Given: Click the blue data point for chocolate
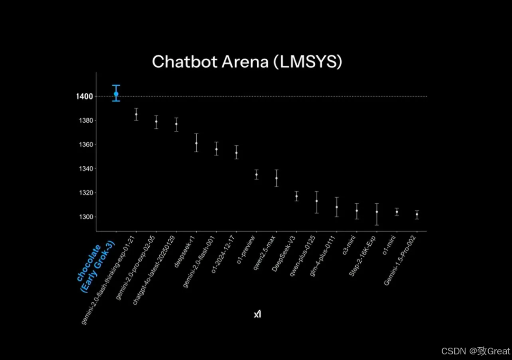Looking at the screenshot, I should (116, 94).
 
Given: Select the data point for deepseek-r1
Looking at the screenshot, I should (196, 143).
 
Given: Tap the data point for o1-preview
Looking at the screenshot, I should (256, 175).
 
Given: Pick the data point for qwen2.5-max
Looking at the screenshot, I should (276, 178).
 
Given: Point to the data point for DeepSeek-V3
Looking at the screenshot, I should (297, 196).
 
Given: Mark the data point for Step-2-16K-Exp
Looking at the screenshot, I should (377, 212).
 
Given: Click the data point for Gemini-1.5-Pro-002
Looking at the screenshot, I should (417, 214).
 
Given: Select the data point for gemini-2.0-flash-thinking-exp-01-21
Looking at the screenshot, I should (136, 114).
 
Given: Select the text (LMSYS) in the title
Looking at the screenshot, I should (308, 62).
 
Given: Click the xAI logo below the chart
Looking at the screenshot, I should (257, 314).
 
